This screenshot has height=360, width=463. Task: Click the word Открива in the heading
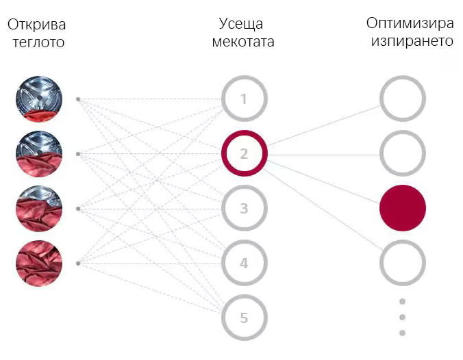click(36, 25)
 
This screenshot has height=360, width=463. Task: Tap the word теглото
click(38, 42)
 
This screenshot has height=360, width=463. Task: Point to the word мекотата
click(243, 41)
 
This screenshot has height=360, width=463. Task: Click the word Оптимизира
click(410, 23)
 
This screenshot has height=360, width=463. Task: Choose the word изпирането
click(412, 41)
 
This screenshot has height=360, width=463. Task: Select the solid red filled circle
click(403, 208)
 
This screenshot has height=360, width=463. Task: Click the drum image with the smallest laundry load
click(39, 99)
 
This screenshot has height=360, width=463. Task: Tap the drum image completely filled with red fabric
click(39, 263)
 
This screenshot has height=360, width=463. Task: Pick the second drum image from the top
click(39, 154)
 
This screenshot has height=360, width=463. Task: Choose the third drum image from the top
click(39, 209)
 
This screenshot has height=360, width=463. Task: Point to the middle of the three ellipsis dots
click(402, 317)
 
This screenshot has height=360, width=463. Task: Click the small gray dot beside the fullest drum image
click(78, 263)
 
